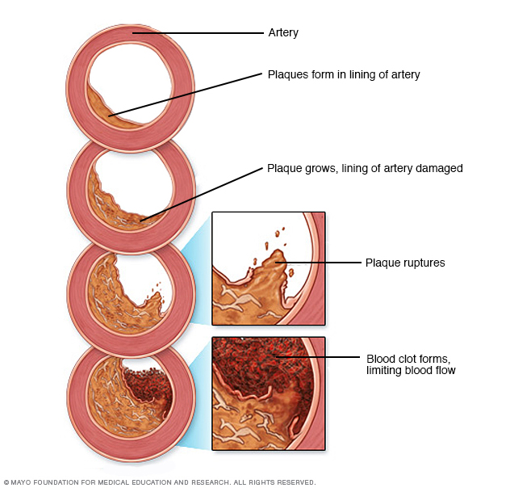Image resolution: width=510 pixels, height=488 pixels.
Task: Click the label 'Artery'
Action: pyautogui.click(x=282, y=33)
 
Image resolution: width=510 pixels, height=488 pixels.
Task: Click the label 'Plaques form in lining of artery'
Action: pyautogui.click(x=343, y=74)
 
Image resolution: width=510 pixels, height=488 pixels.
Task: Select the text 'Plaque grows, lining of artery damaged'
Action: pyautogui.click(x=364, y=169)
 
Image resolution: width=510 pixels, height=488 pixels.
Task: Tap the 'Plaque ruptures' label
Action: pyautogui.click(x=404, y=263)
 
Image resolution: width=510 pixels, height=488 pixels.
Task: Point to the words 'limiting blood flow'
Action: pyautogui.click(x=411, y=370)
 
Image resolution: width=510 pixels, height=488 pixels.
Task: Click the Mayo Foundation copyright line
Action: pyautogui.click(x=159, y=482)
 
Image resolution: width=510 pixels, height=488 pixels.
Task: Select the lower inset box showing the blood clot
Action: pyautogui.click(x=268, y=393)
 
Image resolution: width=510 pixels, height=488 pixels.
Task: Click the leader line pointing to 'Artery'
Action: pyautogui.click(x=202, y=33)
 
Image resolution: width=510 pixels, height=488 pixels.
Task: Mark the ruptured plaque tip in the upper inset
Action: pyautogui.click(x=277, y=256)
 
